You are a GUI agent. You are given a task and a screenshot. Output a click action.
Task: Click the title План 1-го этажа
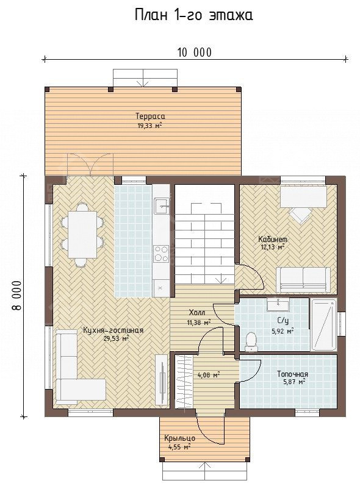193,15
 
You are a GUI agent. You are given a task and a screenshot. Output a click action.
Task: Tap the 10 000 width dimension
195,52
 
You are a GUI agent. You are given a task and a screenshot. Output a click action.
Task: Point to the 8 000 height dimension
17,296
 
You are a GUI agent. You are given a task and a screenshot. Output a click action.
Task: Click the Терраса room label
150,116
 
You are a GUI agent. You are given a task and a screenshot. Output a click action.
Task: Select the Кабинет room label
273,239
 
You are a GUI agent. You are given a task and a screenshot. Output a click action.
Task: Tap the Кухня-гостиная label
113,330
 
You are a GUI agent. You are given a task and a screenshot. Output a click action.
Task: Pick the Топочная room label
292,374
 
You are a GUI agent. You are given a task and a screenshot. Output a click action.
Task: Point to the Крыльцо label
180,438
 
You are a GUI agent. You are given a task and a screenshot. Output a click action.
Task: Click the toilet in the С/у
251,341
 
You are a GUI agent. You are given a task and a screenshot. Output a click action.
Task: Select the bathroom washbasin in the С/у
278,304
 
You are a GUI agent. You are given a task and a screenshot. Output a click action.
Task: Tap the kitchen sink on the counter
162,206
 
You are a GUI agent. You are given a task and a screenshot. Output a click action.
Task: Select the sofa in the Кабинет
303,280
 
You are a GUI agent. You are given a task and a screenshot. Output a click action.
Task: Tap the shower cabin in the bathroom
324,324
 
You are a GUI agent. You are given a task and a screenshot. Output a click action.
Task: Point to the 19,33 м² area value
150,126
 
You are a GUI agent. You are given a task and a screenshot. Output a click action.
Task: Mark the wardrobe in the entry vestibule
184,382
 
